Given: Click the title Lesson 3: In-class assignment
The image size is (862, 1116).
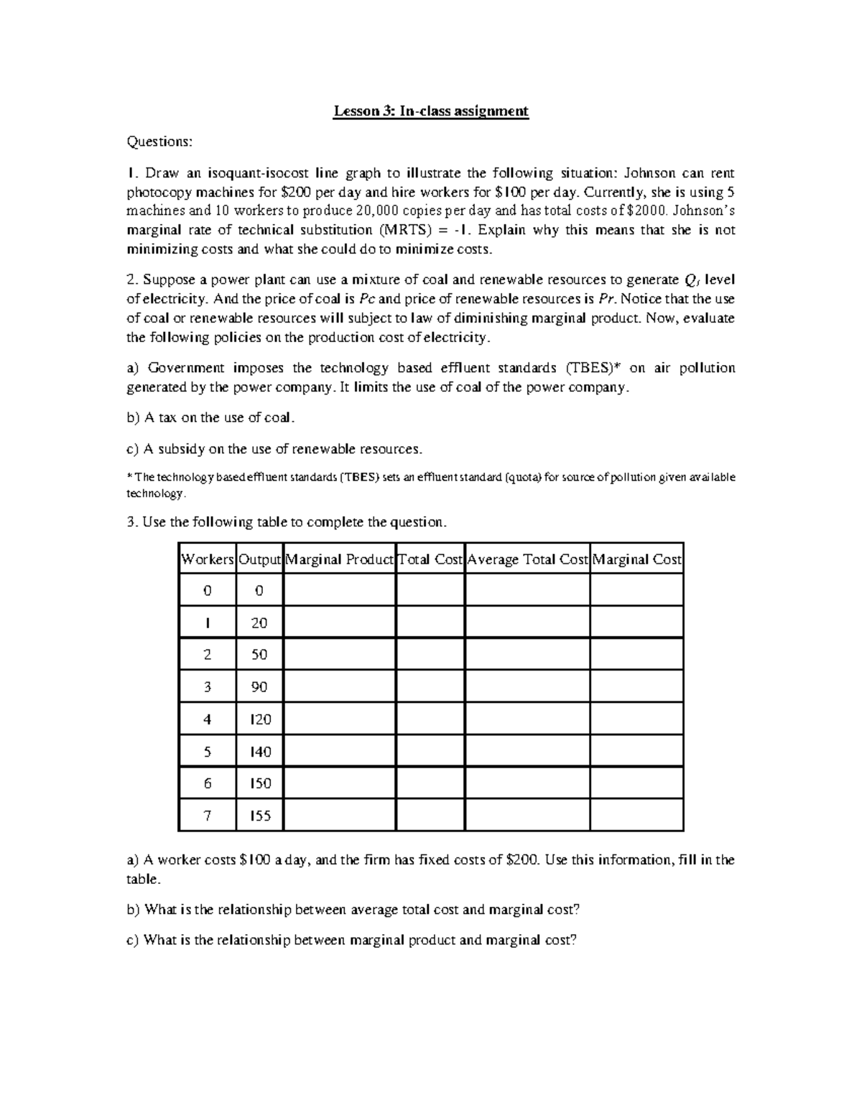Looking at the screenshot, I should pyautogui.click(x=430, y=111).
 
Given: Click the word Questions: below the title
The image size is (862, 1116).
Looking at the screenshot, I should pyautogui.click(x=159, y=142).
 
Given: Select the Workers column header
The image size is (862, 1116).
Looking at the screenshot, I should pyautogui.click(x=208, y=559).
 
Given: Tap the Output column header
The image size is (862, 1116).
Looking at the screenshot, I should pyautogui.click(x=259, y=559).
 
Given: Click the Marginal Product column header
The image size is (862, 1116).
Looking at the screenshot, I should pyautogui.click(x=340, y=559).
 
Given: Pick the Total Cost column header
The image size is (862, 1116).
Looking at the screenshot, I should pyautogui.click(x=430, y=559).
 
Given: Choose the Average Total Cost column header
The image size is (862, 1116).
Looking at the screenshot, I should pyautogui.click(x=527, y=559).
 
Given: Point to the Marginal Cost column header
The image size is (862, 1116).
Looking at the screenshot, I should pyautogui.click(x=636, y=559).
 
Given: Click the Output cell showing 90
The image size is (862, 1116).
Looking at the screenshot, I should pyautogui.click(x=259, y=687).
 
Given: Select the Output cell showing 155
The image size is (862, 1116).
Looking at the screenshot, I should pyautogui.click(x=259, y=816).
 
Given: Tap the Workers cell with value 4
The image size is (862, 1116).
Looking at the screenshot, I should pyautogui.click(x=208, y=719).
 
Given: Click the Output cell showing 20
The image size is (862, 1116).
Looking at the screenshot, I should pyautogui.click(x=259, y=623).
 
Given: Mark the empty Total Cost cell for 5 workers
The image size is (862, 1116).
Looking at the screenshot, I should pyautogui.click(x=430, y=751).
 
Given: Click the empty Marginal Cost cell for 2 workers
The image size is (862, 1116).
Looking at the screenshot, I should pyautogui.click(x=636, y=655).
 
